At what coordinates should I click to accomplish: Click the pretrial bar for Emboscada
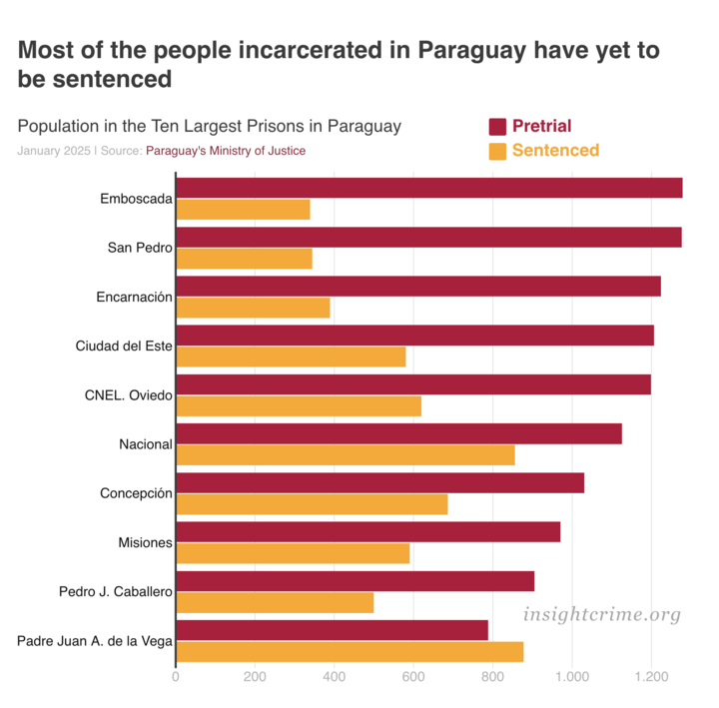tap(429, 188)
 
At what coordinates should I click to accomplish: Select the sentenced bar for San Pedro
tap(244, 259)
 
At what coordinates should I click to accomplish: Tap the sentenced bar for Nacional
tap(346, 454)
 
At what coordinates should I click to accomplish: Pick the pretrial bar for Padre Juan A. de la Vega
tap(333, 630)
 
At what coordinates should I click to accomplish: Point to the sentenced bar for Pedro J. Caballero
tap(275, 602)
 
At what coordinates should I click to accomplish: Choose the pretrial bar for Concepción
tap(379, 482)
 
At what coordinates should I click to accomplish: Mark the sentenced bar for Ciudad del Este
tap(291, 356)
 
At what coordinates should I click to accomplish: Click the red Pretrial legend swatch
tap(497, 127)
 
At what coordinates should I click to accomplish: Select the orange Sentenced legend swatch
tap(497, 152)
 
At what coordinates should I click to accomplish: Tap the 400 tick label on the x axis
tap(334, 676)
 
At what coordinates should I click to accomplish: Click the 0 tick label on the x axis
tap(176, 676)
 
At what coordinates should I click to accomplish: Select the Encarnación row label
tap(134, 297)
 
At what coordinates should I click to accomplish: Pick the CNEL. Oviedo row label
tap(129, 394)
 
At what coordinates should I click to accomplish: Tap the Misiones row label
tap(146, 542)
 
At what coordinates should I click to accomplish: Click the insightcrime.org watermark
tap(601, 614)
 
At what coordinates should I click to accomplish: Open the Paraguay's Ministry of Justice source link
tap(226, 151)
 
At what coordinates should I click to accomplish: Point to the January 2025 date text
tap(53, 151)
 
